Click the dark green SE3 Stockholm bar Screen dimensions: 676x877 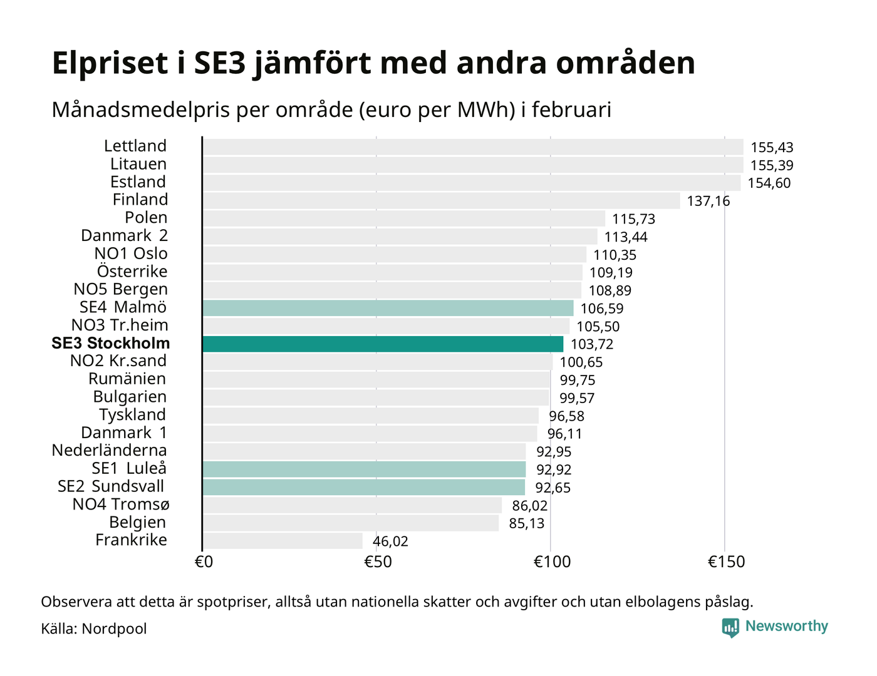pyautogui.click(x=383, y=344)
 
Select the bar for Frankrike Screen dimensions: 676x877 pyautogui.click(x=283, y=541)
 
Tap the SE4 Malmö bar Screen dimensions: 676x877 pyautogui.click(x=388, y=308)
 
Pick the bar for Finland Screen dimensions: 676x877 pyautogui.click(x=441, y=200)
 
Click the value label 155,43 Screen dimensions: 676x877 pyautogui.click(x=772, y=148)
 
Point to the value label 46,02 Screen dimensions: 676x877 pyautogui.click(x=390, y=541)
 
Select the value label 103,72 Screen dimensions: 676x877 pyautogui.click(x=592, y=344)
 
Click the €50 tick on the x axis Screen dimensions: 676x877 pyautogui.click(x=377, y=561)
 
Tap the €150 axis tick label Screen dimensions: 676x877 pyautogui.click(x=726, y=561)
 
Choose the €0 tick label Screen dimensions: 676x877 pyautogui.click(x=204, y=561)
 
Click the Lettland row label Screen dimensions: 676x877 pyautogui.click(x=135, y=146)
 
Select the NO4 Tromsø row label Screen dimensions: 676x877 pyautogui.click(x=121, y=504)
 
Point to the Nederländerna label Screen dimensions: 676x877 pyautogui.click(x=109, y=450)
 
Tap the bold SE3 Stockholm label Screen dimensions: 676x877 pyautogui.click(x=111, y=343)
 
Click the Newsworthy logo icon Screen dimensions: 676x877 pyautogui.click(x=730, y=627)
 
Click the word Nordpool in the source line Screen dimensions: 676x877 pyautogui.click(x=114, y=628)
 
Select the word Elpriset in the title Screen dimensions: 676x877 pyautogui.click(x=110, y=63)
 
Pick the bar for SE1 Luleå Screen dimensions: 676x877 pyautogui.click(x=364, y=469)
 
